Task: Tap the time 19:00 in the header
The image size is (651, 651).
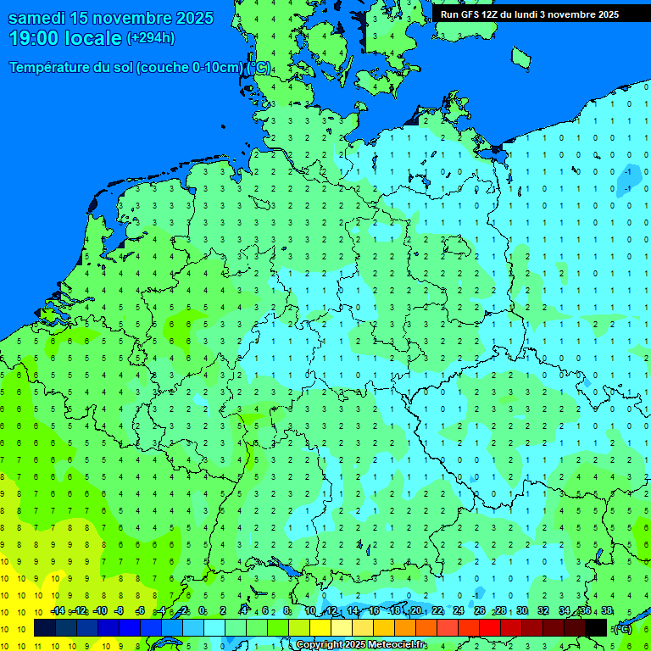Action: point(35,38)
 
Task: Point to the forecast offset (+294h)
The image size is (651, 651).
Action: point(151,37)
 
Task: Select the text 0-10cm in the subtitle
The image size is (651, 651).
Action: point(213,68)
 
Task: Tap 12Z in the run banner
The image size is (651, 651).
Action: point(491,14)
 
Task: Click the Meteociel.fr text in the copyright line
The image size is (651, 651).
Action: point(392,645)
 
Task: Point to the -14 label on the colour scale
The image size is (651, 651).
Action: point(58,611)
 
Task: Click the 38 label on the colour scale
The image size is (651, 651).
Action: point(606,611)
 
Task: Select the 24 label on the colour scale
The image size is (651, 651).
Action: point(459,611)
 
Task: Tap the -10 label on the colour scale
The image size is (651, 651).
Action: point(99,611)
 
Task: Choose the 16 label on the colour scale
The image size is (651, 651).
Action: point(374,611)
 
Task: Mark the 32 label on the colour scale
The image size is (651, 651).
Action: point(542,611)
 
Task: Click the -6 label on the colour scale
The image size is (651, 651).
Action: point(141,611)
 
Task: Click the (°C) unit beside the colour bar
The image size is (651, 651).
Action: point(623,629)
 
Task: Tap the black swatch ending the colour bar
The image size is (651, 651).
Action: point(597,628)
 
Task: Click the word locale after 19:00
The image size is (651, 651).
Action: point(93,38)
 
